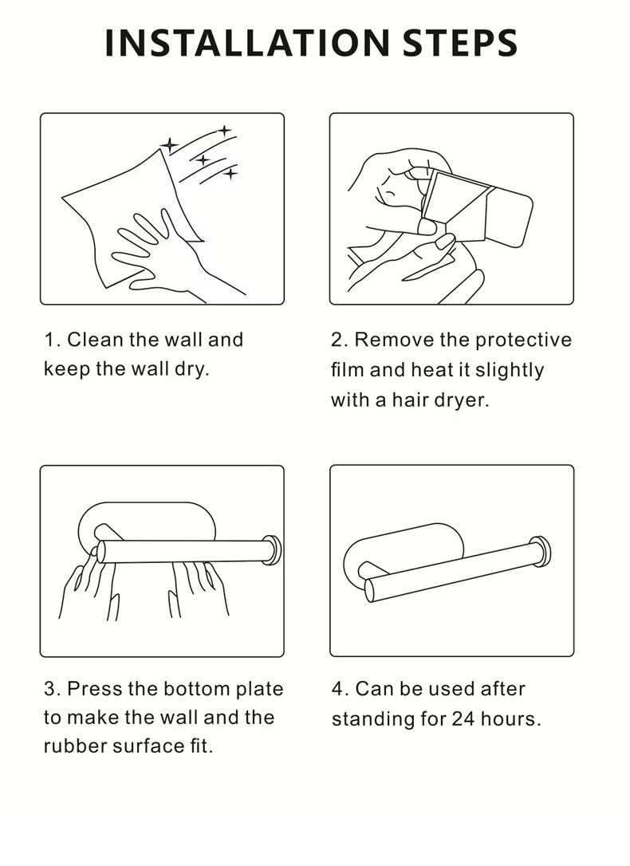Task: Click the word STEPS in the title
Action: (x=460, y=43)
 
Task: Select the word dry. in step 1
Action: (x=192, y=369)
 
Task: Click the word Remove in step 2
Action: (x=394, y=340)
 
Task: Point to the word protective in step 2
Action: (x=523, y=340)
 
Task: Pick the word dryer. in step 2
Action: (x=462, y=400)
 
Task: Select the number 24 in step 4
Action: (x=463, y=719)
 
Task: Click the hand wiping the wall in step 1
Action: (x=166, y=255)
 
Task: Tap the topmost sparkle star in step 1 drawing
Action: (x=224, y=131)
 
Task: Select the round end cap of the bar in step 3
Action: (x=272, y=550)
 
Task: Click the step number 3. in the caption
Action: (x=53, y=689)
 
